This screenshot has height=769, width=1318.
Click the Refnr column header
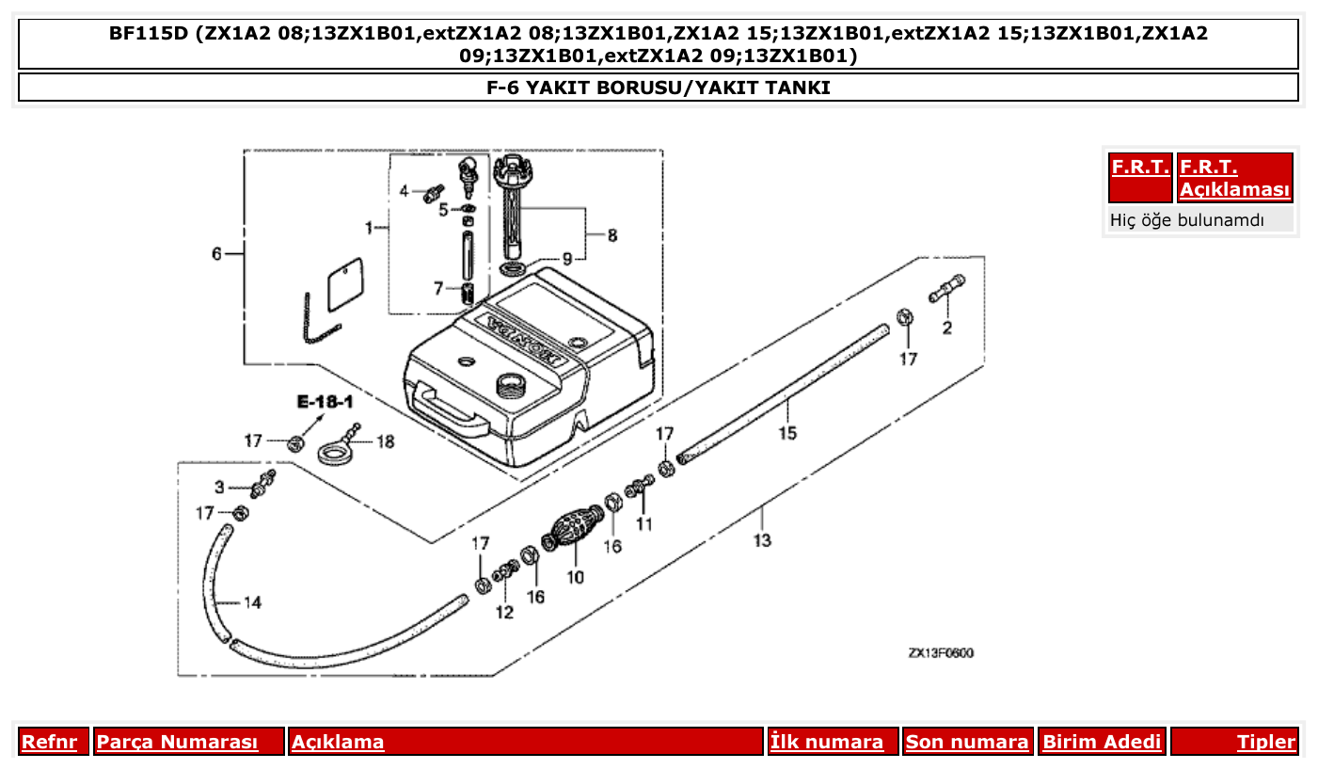(49, 742)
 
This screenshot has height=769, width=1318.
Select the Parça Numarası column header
(177, 742)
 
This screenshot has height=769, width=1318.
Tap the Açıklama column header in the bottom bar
(338, 742)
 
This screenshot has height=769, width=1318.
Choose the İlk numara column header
(827, 742)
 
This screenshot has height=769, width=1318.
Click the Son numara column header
(967, 742)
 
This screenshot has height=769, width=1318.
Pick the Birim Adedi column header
(1102, 742)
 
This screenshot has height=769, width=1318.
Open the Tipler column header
(1265, 742)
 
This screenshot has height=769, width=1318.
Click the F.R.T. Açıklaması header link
(1234, 178)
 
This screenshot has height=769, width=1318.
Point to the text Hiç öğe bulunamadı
(1187, 221)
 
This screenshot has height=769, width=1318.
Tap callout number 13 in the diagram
(762, 539)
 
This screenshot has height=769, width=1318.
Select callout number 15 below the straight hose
(787, 433)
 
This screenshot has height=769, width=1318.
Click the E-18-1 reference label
(325, 402)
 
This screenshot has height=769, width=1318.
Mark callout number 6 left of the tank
(216, 254)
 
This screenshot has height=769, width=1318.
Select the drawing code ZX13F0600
(941, 653)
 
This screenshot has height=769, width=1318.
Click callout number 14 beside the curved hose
(252, 602)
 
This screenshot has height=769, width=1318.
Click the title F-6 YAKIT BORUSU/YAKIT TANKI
(659, 88)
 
